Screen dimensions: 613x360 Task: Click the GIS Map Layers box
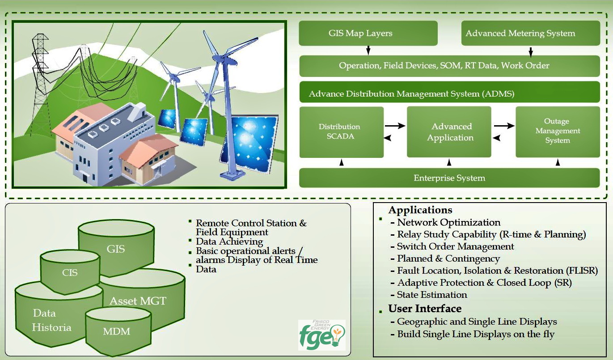pos(368,33)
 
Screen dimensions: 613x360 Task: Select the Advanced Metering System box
pos(531,33)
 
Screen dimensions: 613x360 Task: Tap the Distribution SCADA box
pos(342,132)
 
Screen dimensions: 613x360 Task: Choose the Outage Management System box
pos(558,132)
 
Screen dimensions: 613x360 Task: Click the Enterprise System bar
pos(449,178)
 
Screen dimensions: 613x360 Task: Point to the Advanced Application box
pos(449,132)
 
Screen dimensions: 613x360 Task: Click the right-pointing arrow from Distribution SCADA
pos(395,126)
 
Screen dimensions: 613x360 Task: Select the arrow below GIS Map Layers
pos(368,51)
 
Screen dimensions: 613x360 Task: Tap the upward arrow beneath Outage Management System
pos(558,163)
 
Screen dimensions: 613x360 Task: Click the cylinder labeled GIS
pos(116,248)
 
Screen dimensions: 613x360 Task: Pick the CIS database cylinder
pos(70,272)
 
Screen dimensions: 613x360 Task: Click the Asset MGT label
pos(138,301)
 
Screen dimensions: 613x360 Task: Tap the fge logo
pos(322,335)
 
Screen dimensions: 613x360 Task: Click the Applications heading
pos(420,210)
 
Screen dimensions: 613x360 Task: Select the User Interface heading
pos(425,309)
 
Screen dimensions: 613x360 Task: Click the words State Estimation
pos(432,295)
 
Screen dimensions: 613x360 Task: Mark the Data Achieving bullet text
pos(229,242)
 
